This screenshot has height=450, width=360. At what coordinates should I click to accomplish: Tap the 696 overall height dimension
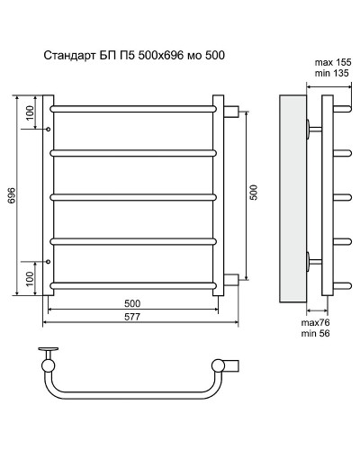pyautogui.click(x=12, y=196)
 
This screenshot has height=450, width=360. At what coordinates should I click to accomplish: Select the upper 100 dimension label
pyautogui.click(x=31, y=113)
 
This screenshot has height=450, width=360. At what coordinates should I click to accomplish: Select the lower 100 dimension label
pyautogui.click(x=31, y=278)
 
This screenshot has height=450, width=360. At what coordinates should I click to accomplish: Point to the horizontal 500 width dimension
pyautogui.click(x=132, y=303)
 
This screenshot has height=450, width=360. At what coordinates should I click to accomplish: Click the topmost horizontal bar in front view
pyautogui.click(x=133, y=110)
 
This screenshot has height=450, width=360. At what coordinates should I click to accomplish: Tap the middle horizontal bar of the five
pyautogui.click(x=133, y=195)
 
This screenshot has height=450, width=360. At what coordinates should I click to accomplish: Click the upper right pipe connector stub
pyautogui.click(x=230, y=111)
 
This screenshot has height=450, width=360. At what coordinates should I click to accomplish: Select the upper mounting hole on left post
pyautogui.click(x=48, y=130)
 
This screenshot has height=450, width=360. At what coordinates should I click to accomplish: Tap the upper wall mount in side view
pyautogui.click(x=312, y=128)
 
